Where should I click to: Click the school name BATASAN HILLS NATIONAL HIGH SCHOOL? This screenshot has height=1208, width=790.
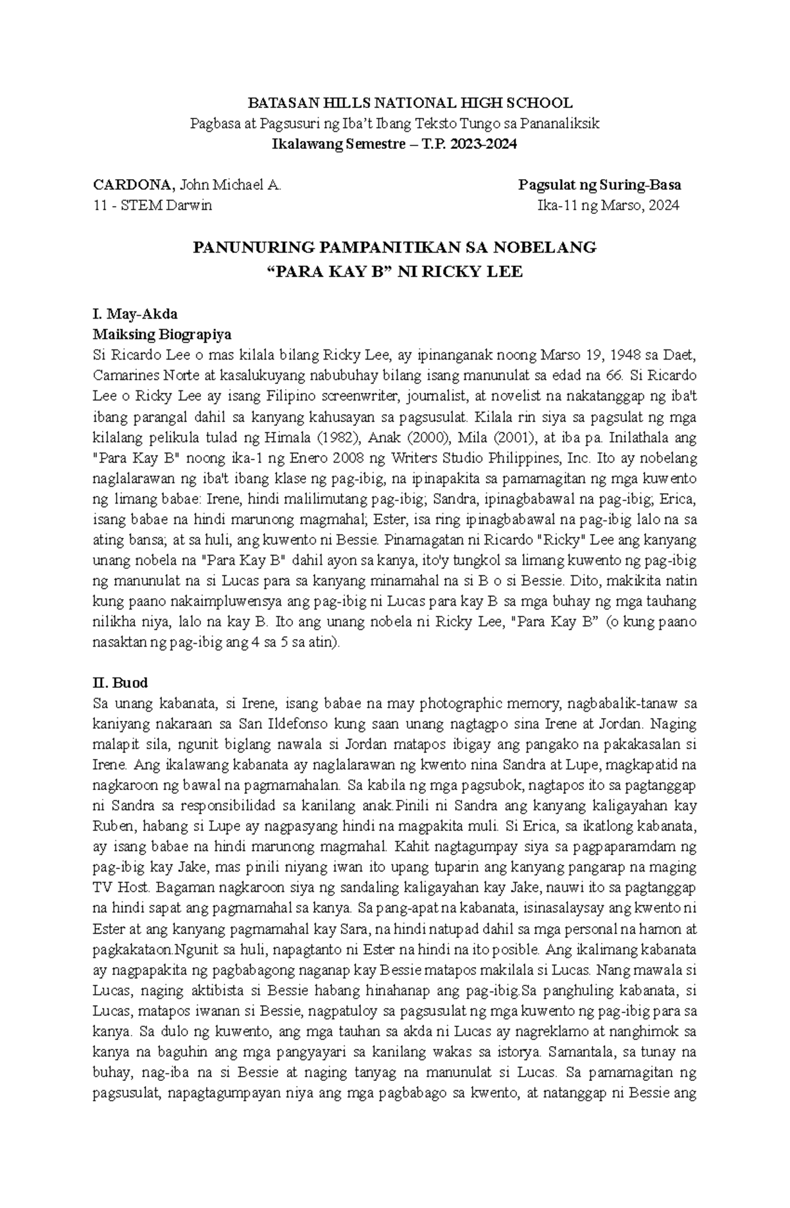pyautogui.click(x=409, y=103)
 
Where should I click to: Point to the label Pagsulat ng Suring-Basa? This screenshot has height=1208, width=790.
pyautogui.click(x=600, y=185)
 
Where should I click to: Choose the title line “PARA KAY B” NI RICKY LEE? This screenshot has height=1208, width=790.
pyautogui.click(x=394, y=272)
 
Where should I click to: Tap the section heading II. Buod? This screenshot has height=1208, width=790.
pyautogui.click(x=120, y=682)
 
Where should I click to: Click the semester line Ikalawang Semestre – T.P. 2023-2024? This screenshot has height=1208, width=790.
pyautogui.click(x=394, y=144)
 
